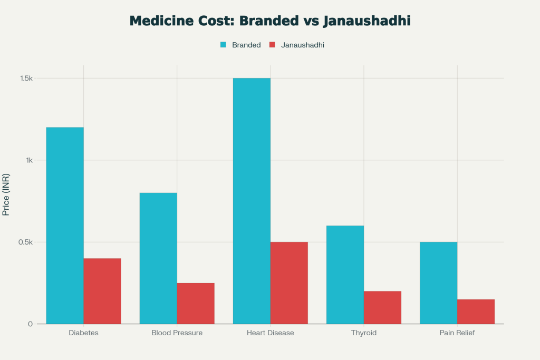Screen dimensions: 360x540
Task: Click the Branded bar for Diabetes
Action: pos(65,226)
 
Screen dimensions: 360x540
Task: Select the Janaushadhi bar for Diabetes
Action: pos(102,291)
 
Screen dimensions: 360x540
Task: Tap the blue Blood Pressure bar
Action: pos(158,258)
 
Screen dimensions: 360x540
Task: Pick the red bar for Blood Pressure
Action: pos(196,303)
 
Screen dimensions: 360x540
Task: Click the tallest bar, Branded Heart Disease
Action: pos(252,201)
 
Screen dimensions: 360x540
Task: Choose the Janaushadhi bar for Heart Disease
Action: pos(289,283)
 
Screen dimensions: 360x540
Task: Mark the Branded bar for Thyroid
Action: pos(345,275)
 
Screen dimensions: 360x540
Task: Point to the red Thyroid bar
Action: pos(382,307)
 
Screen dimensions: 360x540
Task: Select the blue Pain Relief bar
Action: pos(438,283)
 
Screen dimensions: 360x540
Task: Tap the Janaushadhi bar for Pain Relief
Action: pos(476,312)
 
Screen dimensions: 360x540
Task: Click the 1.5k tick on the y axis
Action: pos(26,79)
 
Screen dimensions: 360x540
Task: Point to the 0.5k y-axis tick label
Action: pos(26,242)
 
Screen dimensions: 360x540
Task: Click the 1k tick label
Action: pos(29,160)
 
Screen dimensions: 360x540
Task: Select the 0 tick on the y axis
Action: pos(31,324)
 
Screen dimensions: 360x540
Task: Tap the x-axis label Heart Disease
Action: pos(270,333)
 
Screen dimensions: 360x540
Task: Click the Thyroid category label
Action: pos(364,333)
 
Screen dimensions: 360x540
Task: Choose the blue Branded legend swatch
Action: pos(223,45)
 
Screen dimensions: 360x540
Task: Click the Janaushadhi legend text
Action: pos(302,45)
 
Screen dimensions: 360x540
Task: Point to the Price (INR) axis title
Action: pos(6,194)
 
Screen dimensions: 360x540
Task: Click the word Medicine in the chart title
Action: pos(158,21)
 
